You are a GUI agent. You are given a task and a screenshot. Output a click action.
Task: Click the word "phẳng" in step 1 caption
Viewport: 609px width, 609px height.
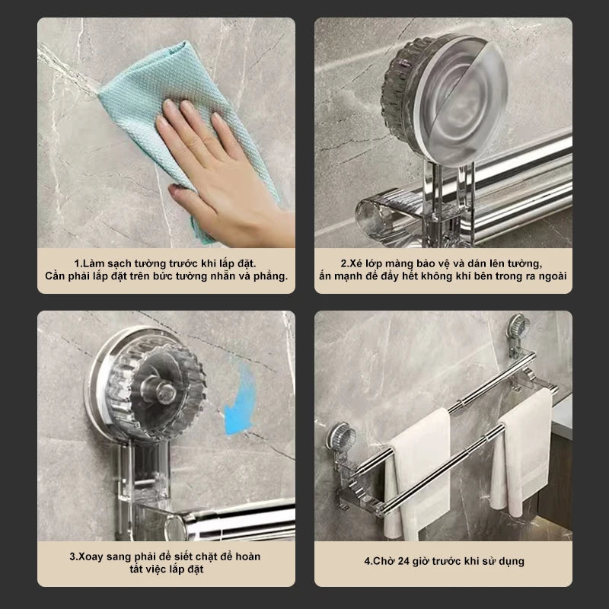click(269, 276)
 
